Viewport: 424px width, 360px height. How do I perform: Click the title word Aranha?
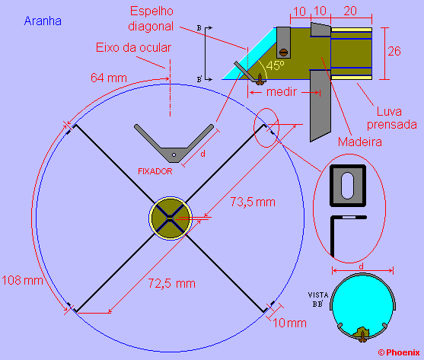43,21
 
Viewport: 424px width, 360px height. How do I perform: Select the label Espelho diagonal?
151,19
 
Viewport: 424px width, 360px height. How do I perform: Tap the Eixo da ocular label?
133,47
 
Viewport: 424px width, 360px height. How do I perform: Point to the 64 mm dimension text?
109,78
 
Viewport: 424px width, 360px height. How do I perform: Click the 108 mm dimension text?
22,280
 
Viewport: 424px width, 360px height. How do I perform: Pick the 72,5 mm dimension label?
172,284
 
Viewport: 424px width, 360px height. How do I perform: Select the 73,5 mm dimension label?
253,202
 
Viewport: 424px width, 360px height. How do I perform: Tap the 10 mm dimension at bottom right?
289,323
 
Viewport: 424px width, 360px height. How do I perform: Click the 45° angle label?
276,65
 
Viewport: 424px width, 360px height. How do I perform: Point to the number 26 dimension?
394,51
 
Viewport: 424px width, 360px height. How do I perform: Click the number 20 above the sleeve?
350,11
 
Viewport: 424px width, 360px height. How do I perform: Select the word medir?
282,92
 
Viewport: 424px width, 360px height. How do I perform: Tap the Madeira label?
360,142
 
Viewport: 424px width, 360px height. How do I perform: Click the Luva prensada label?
391,118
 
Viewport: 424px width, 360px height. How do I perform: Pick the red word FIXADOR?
155,171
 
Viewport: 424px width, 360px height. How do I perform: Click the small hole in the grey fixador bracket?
174,155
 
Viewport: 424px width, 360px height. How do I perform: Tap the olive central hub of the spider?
171,218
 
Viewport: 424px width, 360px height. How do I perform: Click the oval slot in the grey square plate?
347,186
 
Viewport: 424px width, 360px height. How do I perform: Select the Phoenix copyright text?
399,352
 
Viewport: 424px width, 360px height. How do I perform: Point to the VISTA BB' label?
318,299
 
